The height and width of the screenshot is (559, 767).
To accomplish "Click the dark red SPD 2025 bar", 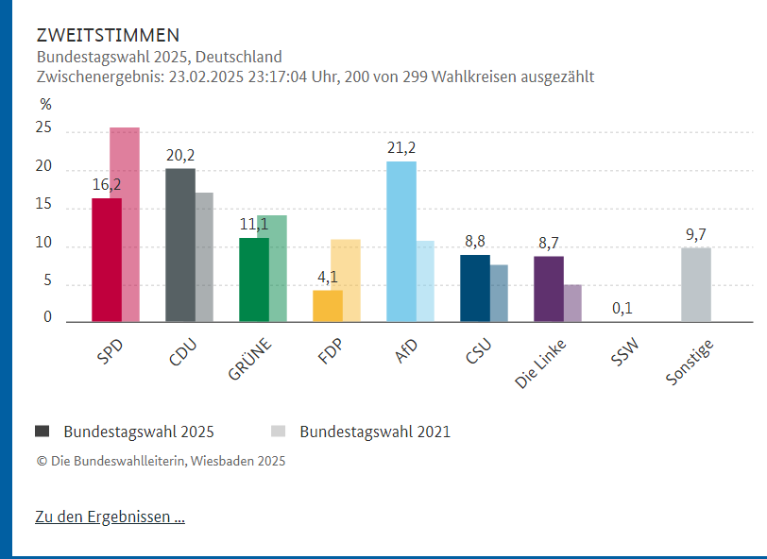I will tap(106, 260).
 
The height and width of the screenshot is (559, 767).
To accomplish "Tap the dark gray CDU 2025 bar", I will tap(179, 246).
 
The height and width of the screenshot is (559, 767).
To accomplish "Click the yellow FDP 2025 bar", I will tap(327, 306).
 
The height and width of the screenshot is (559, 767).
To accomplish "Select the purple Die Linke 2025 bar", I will tap(548, 289).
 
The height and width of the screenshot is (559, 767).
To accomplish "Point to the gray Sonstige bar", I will tap(695, 284).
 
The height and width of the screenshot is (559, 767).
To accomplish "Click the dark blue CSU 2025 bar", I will tap(474, 288).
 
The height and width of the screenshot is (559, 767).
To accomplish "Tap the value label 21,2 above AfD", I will tap(401, 147).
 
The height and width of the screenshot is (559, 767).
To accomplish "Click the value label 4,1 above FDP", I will tap(327, 277).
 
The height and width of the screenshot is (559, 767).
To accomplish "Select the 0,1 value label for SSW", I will tap(622, 308).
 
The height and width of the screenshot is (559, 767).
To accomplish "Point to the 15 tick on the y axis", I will tap(44, 207).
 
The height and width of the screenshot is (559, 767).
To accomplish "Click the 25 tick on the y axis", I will tap(44, 129).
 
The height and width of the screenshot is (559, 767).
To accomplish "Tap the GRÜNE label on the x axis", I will tap(249, 359).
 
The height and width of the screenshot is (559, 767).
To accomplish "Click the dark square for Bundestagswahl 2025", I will tap(43, 432).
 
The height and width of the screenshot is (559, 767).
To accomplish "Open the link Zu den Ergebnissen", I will tap(110, 517).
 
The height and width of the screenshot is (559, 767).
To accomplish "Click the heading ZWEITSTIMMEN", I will tap(107, 36).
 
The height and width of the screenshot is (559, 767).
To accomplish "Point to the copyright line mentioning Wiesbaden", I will tap(161, 461).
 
